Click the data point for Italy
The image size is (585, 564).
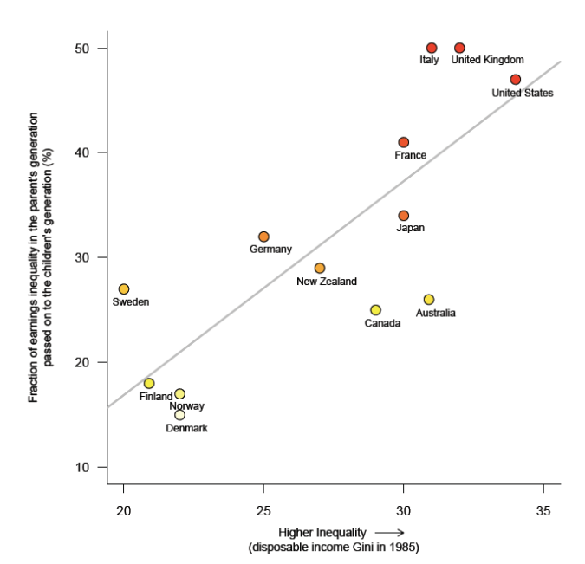pyautogui.click(x=432, y=48)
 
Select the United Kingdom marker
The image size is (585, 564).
pyautogui.click(x=459, y=48)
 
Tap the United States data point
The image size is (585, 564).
pyautogui.click(x=516, y=80)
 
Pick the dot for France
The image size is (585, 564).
pyautogui.click(x=403, y=142)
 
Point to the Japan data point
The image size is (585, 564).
pyautogui.click(x=403, y=216)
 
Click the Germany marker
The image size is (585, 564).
pyautogui.click(x=263, y=237)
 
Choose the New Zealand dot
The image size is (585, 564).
pyautogui.click(x=320, y=269)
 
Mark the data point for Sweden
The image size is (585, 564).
pyautogui.click(x=124, y=289)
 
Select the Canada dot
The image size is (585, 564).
pyautogui.click(x=375, y=310)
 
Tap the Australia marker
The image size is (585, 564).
pyautogui.click(x=429, y=300)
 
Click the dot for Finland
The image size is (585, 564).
pyautogui.click(x=149, y=384)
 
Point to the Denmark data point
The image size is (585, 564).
pyautogui.click(x=179, y=415)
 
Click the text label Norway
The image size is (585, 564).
pyautogui.click(x=186, y=406)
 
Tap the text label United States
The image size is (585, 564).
pyautogui.click(x=522, y=93)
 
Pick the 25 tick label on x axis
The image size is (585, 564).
pyautogui.click(x=263, y=509)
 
